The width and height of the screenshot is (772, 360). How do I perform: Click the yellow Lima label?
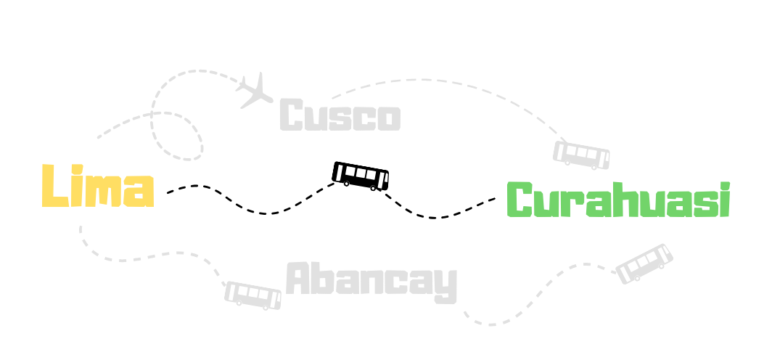97,187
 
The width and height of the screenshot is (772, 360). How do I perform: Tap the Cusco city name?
340,116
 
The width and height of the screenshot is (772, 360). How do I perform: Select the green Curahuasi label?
617,200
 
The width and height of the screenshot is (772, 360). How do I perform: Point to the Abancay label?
371,280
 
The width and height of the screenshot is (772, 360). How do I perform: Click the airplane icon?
255,90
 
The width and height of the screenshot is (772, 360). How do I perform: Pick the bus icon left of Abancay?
252,295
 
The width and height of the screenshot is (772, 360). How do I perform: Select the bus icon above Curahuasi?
581,154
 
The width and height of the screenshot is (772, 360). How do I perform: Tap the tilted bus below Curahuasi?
644,263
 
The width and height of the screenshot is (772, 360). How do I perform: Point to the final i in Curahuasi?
723,200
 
